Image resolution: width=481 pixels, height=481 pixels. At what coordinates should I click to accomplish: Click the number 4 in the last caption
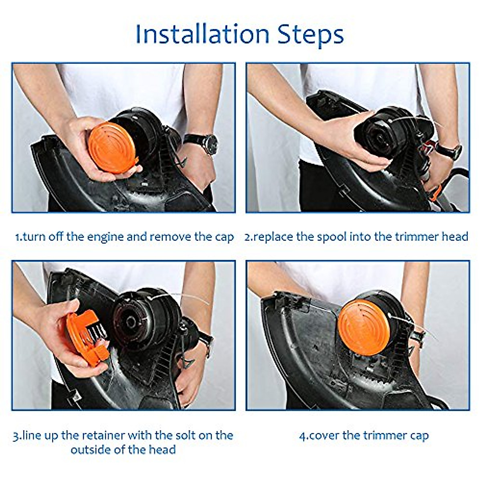303,436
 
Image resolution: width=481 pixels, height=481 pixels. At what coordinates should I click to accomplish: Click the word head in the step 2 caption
455,236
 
